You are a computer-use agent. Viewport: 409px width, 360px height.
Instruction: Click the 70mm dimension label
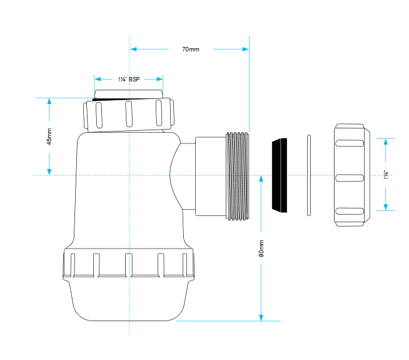191,49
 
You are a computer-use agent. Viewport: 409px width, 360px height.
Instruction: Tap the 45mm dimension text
49,136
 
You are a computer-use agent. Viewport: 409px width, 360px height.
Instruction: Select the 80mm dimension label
261,249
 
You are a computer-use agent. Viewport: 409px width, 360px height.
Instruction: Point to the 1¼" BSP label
129,79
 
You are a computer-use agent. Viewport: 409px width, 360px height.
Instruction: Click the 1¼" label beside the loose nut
386,175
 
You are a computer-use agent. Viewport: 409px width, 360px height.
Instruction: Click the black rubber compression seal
280,175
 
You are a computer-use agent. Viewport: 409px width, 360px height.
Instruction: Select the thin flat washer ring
309,175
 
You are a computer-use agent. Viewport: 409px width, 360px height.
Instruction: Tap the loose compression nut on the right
352,175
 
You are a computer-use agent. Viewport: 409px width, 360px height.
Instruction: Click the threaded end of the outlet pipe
238,176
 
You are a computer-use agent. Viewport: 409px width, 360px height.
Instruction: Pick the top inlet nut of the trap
129,115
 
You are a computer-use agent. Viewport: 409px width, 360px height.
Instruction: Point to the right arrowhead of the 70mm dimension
245,49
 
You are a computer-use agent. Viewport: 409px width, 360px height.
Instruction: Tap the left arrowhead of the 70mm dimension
133,49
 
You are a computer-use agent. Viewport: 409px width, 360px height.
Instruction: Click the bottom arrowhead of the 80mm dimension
261,317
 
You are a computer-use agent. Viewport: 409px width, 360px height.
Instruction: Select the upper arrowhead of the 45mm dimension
49,101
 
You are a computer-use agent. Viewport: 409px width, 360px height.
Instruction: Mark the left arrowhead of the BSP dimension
98,79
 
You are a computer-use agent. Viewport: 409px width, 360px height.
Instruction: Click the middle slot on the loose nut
350,178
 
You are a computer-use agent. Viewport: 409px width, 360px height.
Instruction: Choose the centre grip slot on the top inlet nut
129,114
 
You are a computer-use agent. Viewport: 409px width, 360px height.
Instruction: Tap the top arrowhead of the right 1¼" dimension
386,141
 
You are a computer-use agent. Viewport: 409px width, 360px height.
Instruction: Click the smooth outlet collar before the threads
211,176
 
